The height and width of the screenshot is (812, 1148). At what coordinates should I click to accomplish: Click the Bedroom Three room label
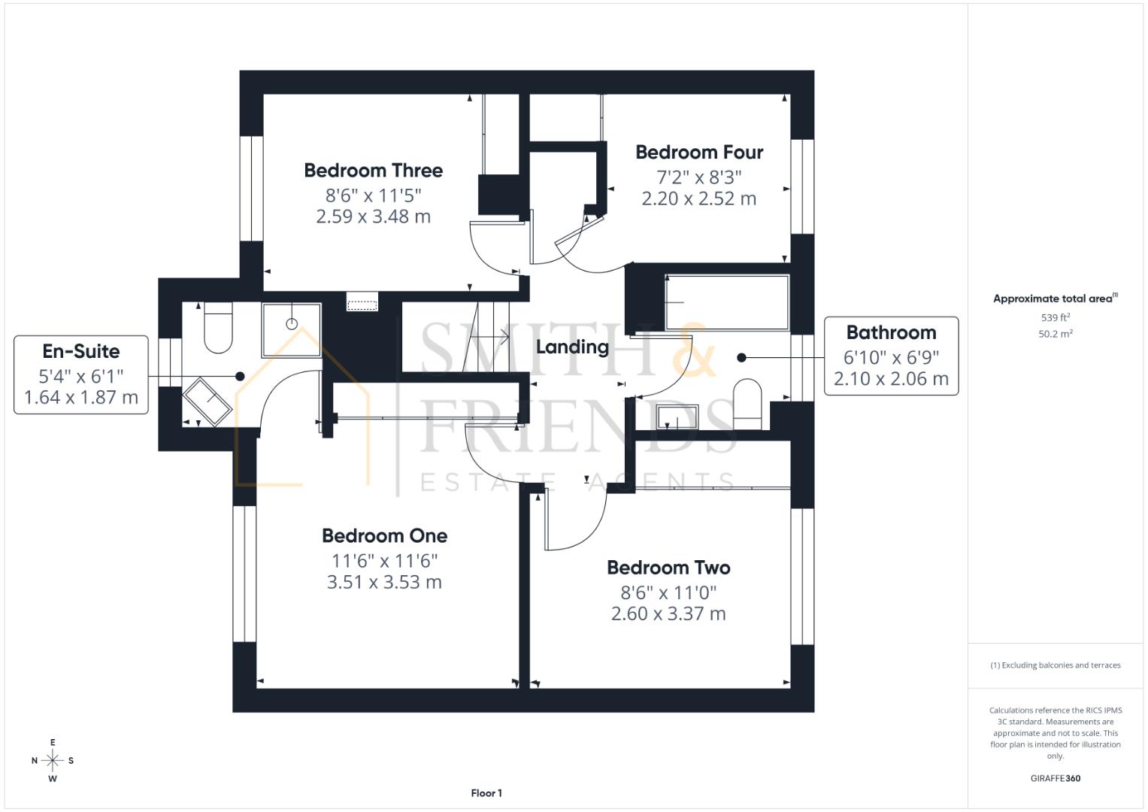[x=373, y=171]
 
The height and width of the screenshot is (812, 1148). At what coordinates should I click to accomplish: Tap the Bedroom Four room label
[x=699, y=153]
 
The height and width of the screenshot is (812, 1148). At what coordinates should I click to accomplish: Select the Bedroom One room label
[x=384, y=536]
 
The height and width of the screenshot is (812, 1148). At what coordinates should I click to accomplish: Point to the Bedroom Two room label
[x=668, y=568]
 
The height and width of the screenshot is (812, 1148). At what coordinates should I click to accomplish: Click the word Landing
[x=572, y=347]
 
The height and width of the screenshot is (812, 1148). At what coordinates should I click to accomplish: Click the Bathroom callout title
[x=891, y=333]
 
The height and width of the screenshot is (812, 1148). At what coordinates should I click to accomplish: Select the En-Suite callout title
[x=81, y=351]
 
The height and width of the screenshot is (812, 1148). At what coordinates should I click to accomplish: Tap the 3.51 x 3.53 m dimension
[x=384, y=583]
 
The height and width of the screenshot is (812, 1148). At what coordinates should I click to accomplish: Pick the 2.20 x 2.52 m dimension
[x=699, y=199]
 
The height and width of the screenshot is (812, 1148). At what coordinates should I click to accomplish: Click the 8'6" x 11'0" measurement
[x=668, y=592]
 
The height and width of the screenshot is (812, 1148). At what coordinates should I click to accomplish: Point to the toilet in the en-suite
[x=218, y=328]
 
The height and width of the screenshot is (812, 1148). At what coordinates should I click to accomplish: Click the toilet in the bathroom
[x=747, y=404]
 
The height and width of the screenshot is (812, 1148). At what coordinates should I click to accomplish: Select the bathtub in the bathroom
[x=727, y=303]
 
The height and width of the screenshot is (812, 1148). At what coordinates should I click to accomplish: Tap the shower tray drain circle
[x=292, y=324]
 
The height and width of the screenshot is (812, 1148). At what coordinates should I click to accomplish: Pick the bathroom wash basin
[x=677, y=417]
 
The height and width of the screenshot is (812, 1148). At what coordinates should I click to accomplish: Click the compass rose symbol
[x=53, y=761]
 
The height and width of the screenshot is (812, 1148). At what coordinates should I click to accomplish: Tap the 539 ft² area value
[x=1056, y=318]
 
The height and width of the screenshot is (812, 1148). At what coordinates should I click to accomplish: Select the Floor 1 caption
[x=486, y=793]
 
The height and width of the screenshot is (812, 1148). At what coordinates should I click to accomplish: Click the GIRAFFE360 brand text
[x=1055, y=778]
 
